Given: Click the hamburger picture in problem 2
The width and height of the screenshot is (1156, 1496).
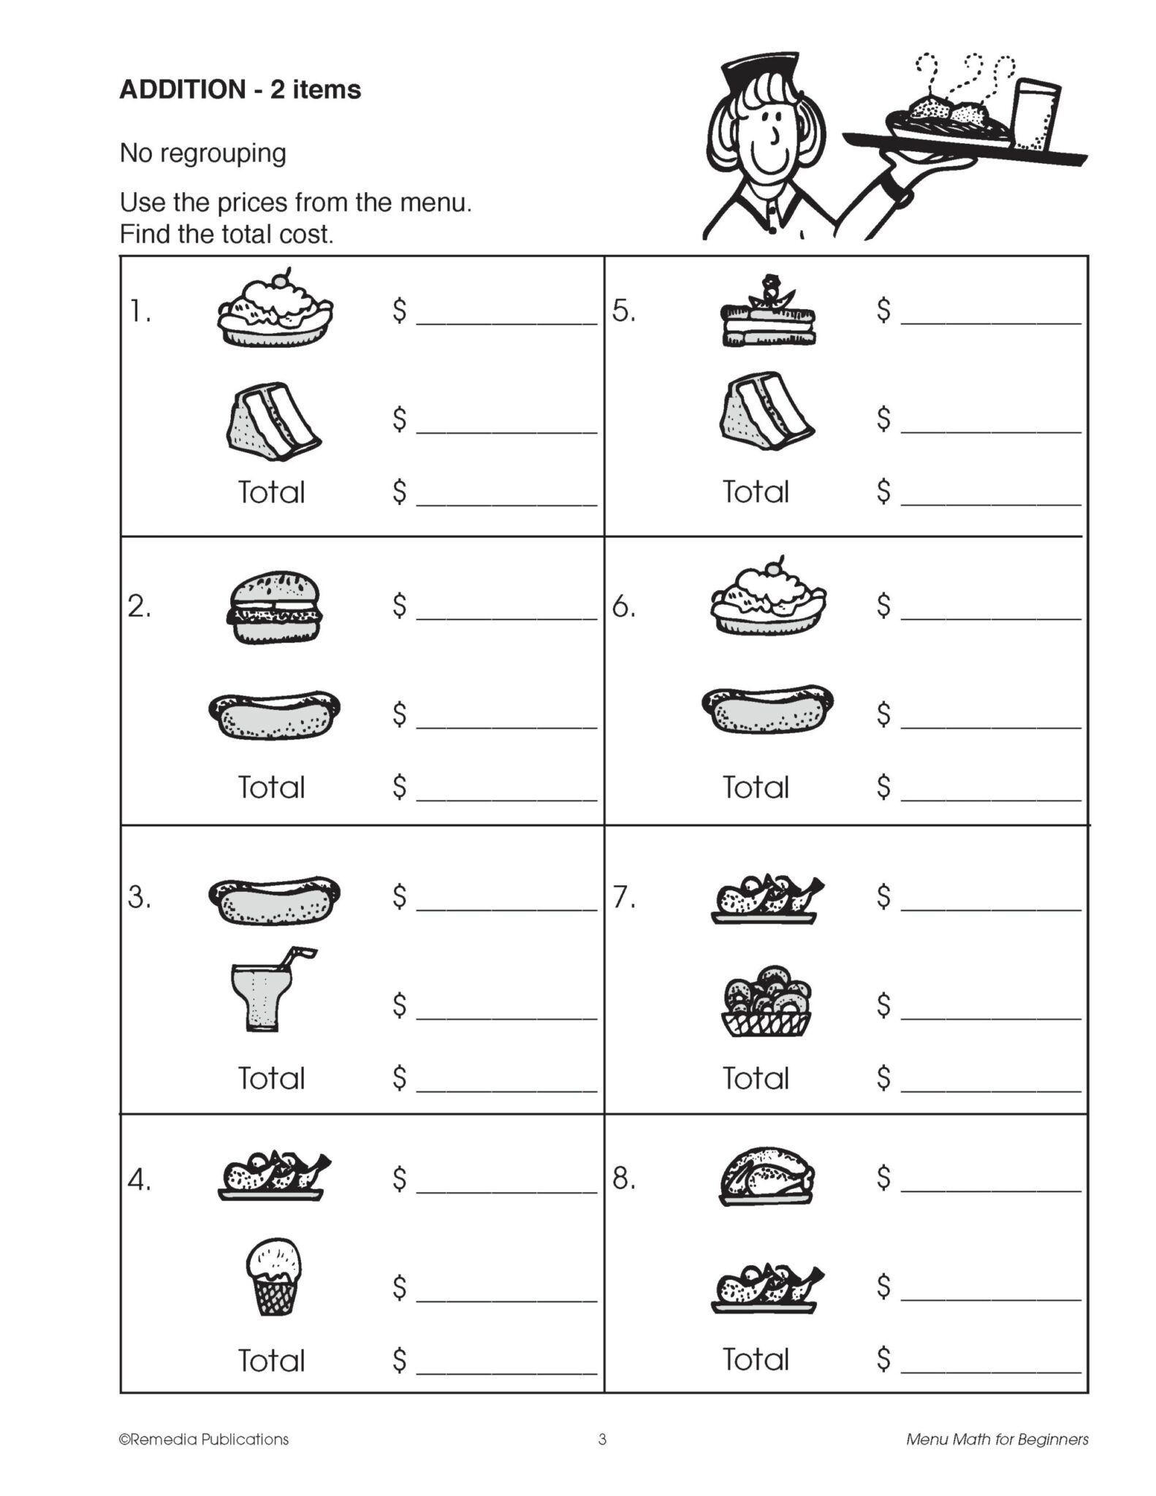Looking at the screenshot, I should (274, 607).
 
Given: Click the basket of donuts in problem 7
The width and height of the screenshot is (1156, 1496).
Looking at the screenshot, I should (767, 1001).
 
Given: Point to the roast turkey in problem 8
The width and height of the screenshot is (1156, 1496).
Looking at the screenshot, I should (767, 1175).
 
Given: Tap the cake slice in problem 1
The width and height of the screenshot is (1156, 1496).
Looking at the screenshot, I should (273, 421).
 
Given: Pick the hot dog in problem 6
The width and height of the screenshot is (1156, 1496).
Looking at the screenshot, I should (767, 709).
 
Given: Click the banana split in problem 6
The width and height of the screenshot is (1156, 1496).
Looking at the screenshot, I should (768, 599).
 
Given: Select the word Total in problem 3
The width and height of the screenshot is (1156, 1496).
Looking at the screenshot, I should (271, 1078).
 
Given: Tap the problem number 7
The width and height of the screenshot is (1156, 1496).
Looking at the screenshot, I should (623, 897).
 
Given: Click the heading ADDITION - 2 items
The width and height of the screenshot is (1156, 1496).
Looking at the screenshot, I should (240, 90).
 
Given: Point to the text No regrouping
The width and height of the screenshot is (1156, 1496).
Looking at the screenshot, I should (203, 153).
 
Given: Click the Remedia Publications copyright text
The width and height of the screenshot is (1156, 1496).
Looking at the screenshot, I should (204, 1440).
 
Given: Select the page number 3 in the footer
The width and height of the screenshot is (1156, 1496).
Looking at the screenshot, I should (602, 1440).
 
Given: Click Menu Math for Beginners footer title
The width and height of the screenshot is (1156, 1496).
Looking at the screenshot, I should (997, 1440).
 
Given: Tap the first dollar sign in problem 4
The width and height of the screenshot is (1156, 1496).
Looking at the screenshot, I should (399, 1178).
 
